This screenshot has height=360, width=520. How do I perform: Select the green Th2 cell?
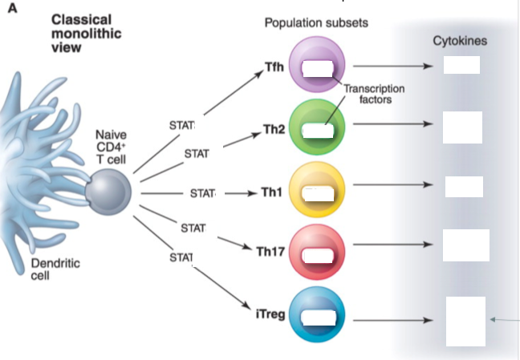coord(317,126)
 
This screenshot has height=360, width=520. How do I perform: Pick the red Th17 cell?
coord(318,253)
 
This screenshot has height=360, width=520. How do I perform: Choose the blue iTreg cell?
coord(318,315)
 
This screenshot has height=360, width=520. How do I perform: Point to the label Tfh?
coord(274,66)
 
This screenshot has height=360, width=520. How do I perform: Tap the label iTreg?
coord(269,313)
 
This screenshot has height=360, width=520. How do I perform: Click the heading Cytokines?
coord(460,41)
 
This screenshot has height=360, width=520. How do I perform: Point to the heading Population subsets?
coord(316,22)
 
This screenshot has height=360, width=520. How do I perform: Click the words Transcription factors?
coord(373,94)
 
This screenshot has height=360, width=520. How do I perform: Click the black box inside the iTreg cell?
coord(319,318)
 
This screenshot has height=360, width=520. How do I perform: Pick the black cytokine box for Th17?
coord(465,245)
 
